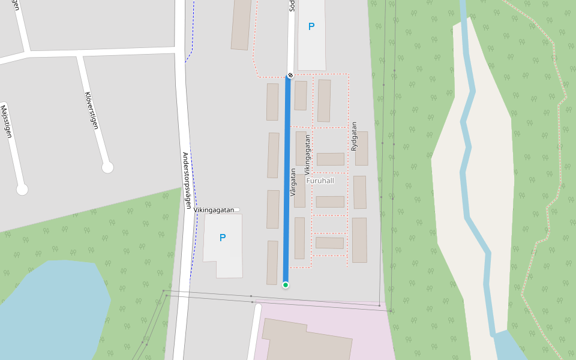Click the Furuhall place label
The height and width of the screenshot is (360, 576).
[x=320, y=181]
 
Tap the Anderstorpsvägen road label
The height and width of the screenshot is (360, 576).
[x=187, y=179]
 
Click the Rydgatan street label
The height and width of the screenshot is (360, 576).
[x=354, y=137]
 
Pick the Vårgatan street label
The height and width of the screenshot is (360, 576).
[x=293, y=182]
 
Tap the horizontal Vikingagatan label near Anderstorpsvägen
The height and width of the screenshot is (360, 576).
[x=214, y=210]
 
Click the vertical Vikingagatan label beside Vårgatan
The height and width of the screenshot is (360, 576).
[x=307, y=154]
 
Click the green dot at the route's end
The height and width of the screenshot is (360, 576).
[x=286, y=284]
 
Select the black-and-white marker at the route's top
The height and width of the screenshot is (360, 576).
[x=290, y=75]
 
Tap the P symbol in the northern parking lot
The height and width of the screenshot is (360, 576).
[x=311, y=26]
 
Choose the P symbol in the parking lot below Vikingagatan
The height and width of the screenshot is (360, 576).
[x=222, y=238]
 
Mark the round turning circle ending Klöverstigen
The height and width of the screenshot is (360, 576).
[x=107, y=167]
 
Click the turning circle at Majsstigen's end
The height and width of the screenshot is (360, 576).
[x=22, y=190]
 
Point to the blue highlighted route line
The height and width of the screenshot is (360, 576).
[x=287, y=180]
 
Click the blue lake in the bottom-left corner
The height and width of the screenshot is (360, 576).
[x=54, y=306]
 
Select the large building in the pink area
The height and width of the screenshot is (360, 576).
[x=306, y=342]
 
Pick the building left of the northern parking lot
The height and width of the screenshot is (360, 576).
[x=241, y=24]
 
